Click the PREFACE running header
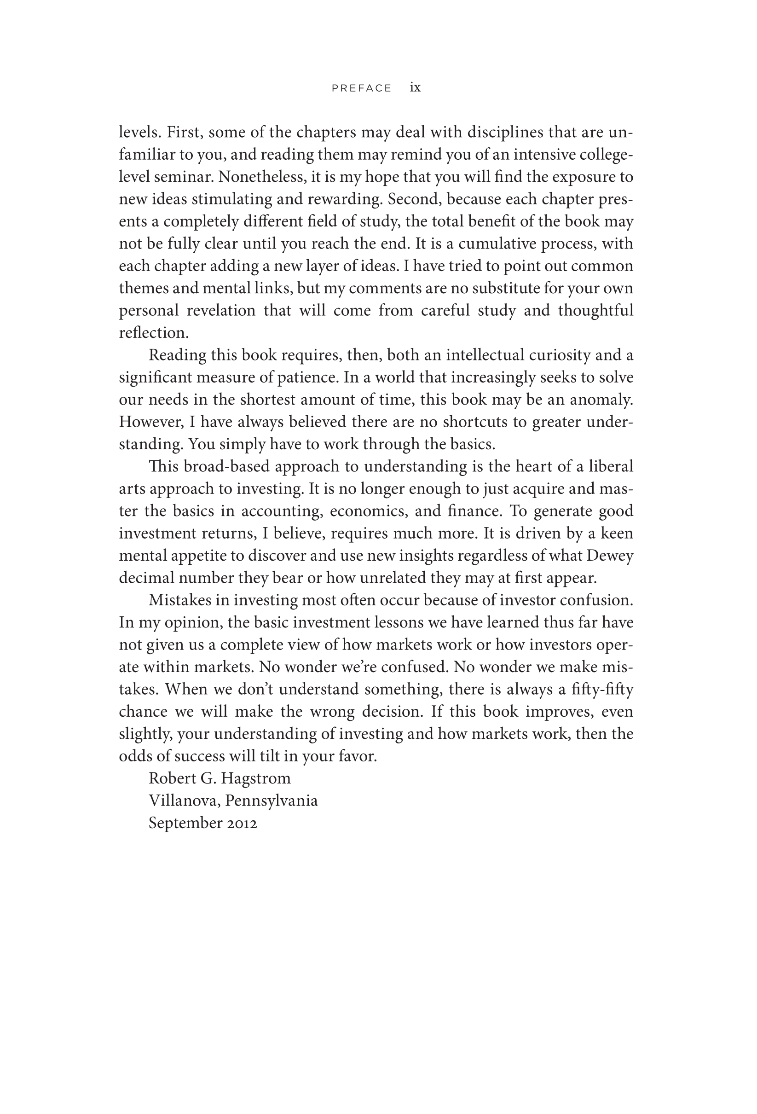[x=362, y=88]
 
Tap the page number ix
[x=415, y=87]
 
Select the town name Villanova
[x=184, y=801]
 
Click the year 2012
[x=242, y=823]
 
